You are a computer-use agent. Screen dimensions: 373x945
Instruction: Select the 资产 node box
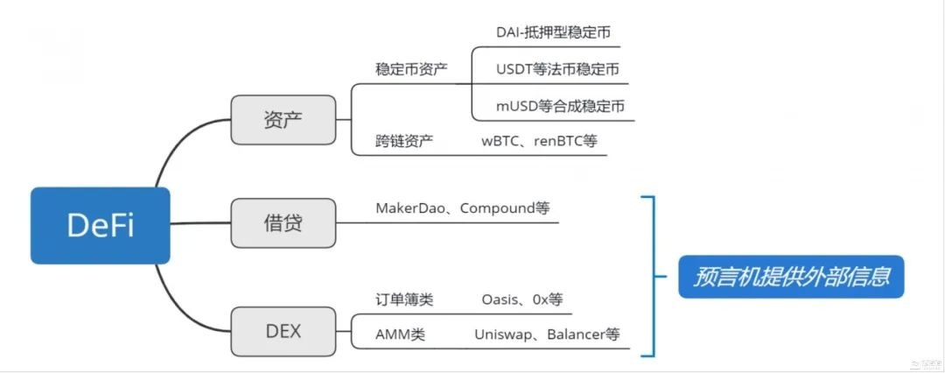pos(283,120)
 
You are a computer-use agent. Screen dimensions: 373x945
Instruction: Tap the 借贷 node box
pos(283,223)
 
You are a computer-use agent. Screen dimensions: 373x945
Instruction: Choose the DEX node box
pos(283,332)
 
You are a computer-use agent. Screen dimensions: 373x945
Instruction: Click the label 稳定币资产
pos(411,69)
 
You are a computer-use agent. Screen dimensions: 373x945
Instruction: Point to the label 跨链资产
pos(404,140)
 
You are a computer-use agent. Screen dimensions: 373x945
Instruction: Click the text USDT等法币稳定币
pos(557,69)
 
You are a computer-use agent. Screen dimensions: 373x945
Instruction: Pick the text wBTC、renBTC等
pos(539,140)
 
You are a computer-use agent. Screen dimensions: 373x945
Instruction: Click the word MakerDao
pos(410,208)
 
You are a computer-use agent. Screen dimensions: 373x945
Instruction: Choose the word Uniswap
pos(504,334)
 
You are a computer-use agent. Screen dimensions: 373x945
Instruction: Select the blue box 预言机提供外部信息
pos(791,277)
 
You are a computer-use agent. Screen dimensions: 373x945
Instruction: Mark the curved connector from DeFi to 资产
pos(179,149)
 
